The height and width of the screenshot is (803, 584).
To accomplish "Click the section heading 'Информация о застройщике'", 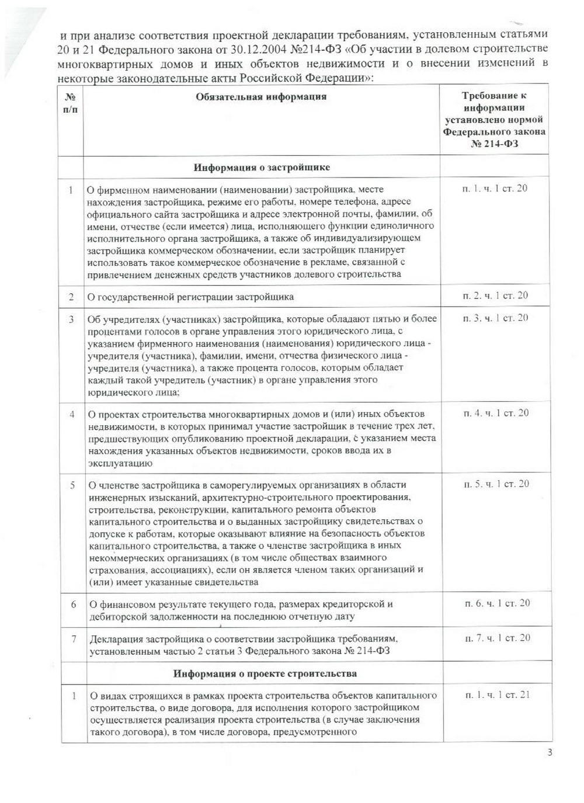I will point(262,168).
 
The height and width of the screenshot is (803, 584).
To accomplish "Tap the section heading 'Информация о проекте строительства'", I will point(265,673).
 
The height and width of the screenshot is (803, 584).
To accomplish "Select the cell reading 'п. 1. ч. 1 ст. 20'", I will point(495,188).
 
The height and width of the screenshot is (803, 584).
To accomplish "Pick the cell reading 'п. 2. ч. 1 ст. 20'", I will point(495,296).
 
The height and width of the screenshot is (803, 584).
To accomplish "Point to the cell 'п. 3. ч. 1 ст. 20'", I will point(495,318).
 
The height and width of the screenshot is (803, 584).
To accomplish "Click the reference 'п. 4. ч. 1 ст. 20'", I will point(496,413).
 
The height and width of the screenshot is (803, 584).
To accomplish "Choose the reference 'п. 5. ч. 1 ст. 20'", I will point(496,484).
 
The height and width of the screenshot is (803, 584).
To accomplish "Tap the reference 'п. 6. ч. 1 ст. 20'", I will point(497,603).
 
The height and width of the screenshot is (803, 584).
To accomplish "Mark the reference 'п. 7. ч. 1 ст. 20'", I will point(498,638).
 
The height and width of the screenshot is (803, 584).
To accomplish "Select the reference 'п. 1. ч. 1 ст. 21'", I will point(498,694).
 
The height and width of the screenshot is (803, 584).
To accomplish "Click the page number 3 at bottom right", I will point(550,752).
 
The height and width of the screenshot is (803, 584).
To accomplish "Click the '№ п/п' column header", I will point(70,103).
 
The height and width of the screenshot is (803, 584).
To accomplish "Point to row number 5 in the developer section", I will point(72,485).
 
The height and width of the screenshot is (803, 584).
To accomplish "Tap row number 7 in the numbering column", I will point(74,639).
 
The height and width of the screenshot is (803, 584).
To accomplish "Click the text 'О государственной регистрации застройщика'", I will point(190,297).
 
